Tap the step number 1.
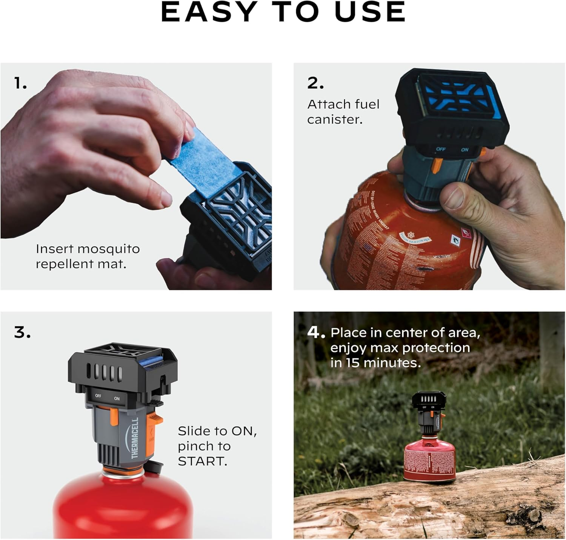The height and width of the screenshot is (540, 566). click(20, 83)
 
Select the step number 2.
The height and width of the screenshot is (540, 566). click(315, 83)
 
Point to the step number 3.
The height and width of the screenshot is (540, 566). click(22, 333)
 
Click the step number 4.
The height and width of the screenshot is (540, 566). click(316, 333)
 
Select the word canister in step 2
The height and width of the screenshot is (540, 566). click(335, 119)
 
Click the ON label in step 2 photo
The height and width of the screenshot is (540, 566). click(464, 150)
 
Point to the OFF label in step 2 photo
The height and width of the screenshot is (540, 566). click(441, 149)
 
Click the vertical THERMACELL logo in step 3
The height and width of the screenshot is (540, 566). click(135, 438)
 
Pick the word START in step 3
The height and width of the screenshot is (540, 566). click(202, 461)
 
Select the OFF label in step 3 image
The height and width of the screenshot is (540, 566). click(98, 396)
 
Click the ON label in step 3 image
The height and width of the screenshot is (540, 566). click(117, 399)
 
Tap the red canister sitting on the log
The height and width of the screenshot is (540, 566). click(429, 460)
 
